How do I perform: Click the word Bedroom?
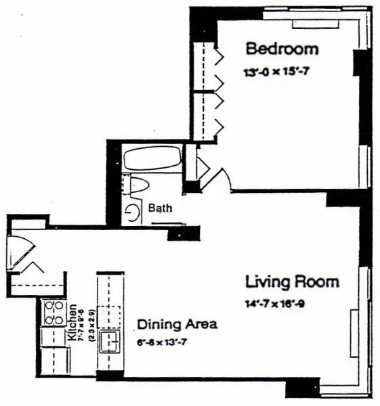coord(281,49)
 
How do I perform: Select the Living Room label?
coord(292,281)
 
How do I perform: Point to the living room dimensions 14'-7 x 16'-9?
coord(274,304)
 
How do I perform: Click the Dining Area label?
coord(177,324)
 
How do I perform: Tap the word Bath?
coord(160,208)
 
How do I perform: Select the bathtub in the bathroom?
coord(152,159)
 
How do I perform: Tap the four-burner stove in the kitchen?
coord(54,313)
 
